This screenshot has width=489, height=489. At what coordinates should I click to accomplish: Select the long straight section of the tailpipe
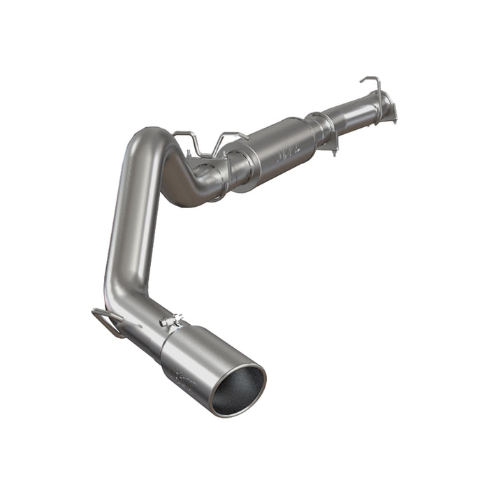point(126,231)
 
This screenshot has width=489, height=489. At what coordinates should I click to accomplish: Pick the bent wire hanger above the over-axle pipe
point(203,140)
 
